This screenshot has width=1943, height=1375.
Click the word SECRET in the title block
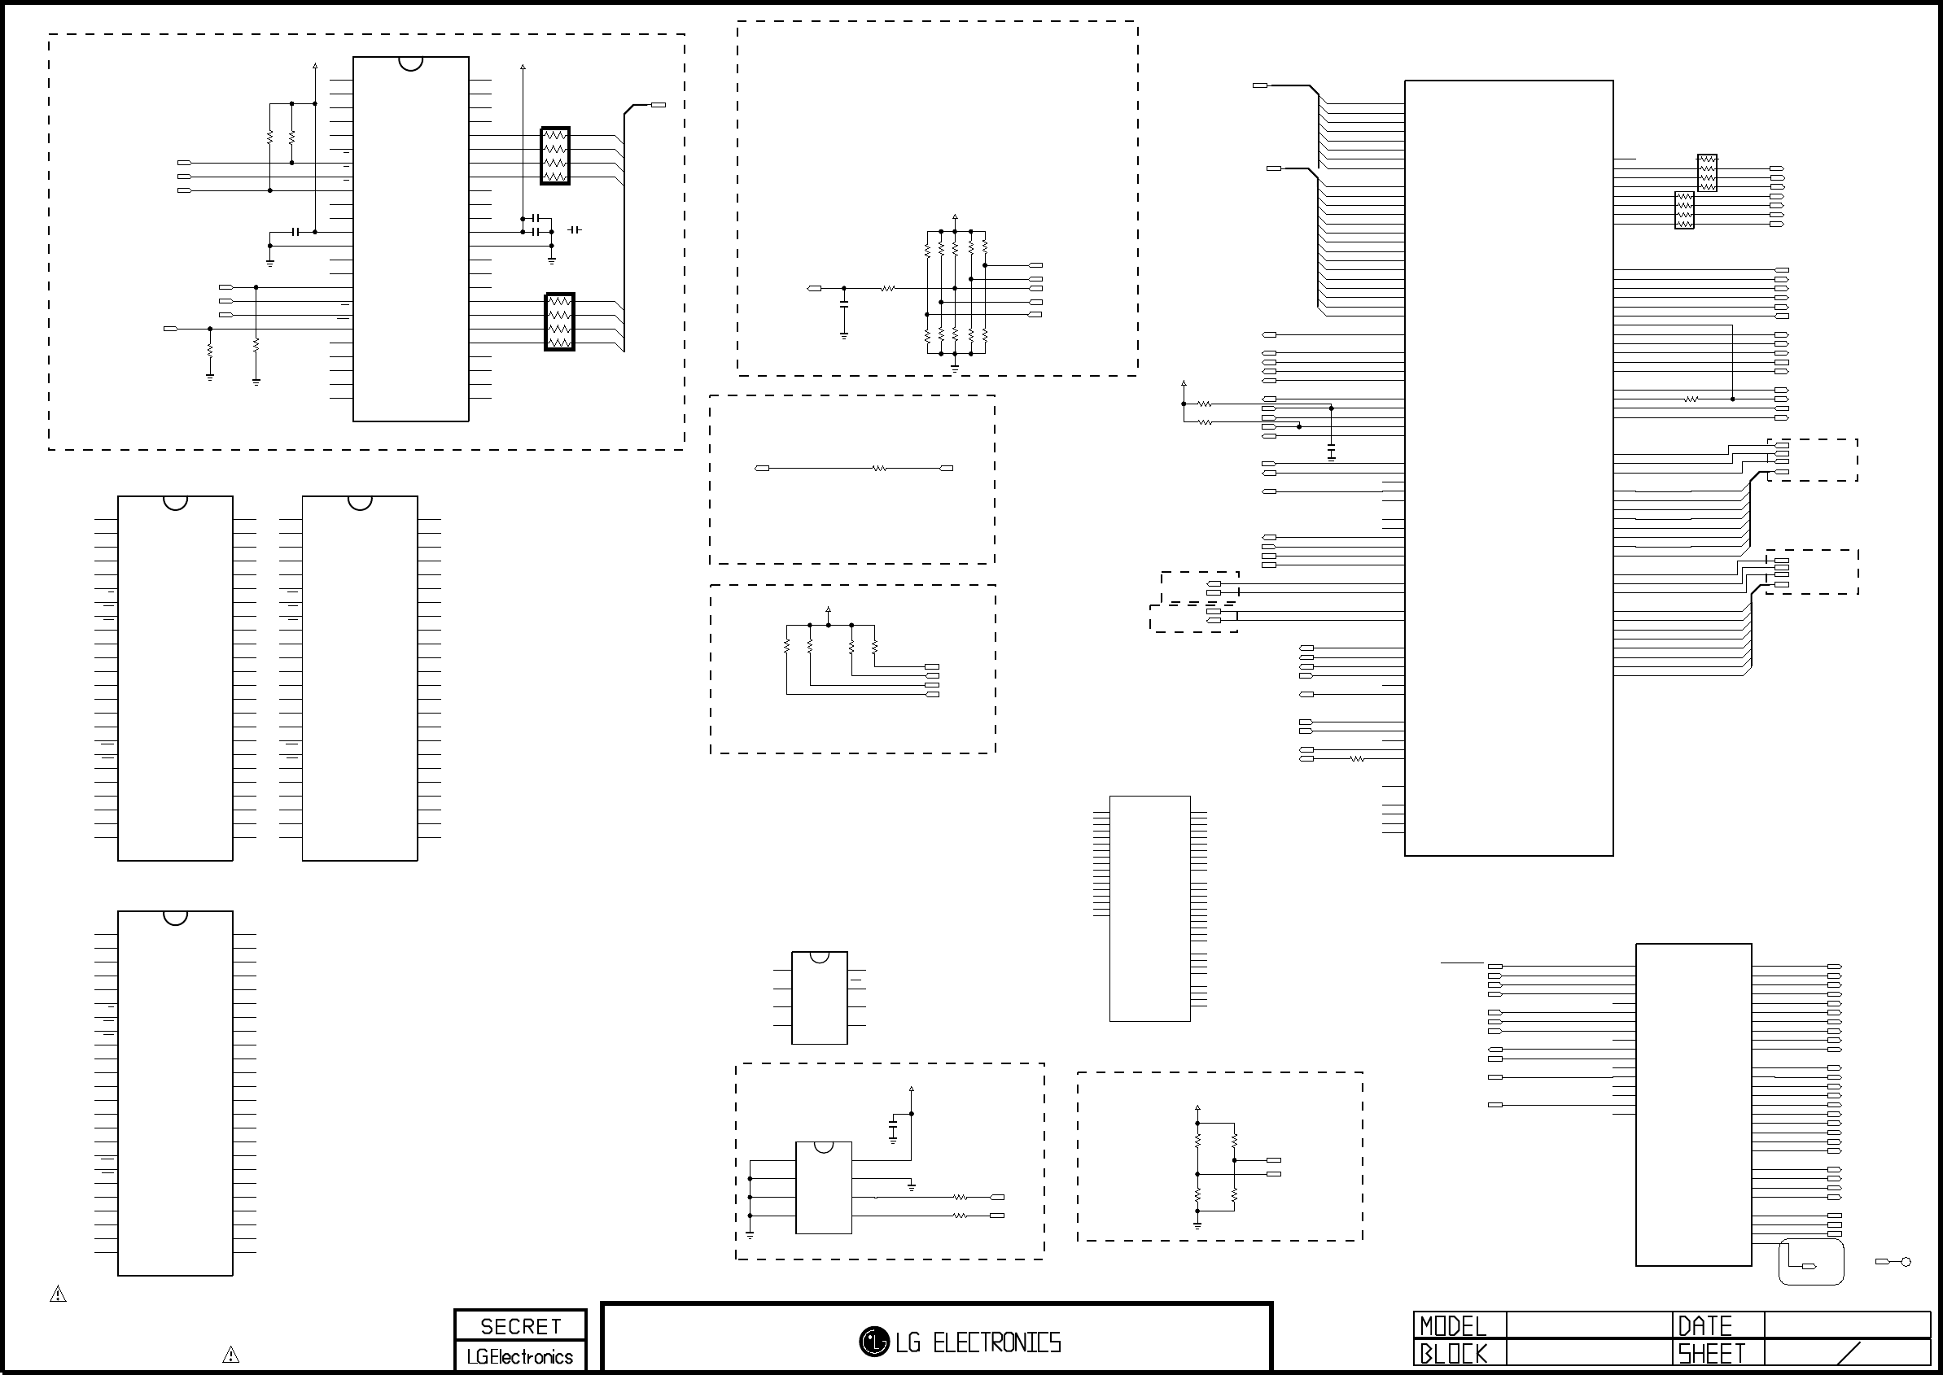tap(521, 1326)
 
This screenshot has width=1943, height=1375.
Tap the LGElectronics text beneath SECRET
tap(520, 1356)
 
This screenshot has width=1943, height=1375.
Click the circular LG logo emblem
tap(874, 1341)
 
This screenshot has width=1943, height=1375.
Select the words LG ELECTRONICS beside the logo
tap(978, 1342)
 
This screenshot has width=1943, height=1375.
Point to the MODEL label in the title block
tap(1454, 1325)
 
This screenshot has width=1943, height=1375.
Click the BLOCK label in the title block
tap(1454, 1354)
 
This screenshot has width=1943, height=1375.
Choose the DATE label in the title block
tap(1705, 1325)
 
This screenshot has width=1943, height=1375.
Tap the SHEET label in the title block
tap(1712, 1354)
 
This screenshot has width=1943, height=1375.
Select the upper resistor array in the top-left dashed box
tap(555, 155)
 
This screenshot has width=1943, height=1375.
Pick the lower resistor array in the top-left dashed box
tap(559, 321)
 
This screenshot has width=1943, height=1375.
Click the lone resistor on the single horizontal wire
tap(880, 468)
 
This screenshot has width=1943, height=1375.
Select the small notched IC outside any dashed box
tap(819, 997)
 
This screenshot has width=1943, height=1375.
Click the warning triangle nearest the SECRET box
tap(230, 1355)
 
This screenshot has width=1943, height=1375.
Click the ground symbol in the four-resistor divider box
tap(1197, 1224)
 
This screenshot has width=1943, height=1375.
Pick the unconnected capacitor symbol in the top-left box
tap(574, 229)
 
